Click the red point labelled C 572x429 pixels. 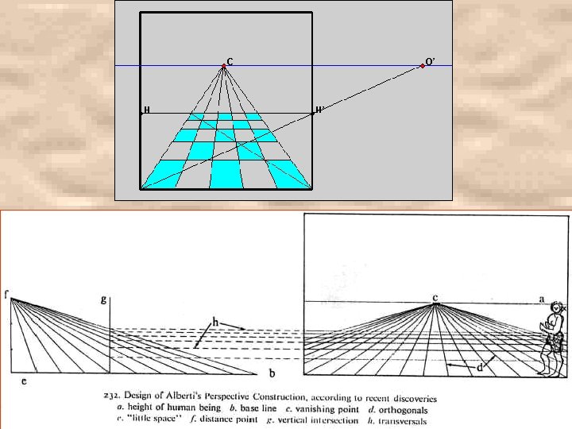223,66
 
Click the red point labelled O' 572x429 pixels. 422,66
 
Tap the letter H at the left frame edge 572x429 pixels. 147,110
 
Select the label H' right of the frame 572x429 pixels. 319,110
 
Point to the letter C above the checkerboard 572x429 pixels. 230,61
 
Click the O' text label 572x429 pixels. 430,61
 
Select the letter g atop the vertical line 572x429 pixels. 103,299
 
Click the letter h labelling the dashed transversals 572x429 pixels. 214,321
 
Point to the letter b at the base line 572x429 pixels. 272,373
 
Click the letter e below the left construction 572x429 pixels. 23,381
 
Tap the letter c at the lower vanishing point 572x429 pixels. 435,297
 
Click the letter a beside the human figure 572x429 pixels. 542,299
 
